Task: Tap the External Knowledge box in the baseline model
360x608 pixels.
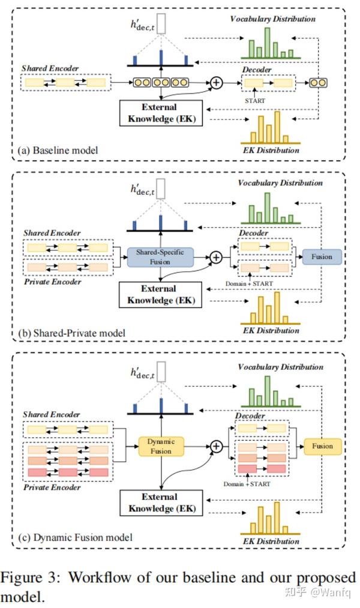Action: pyautogui.click(x=160, y=113)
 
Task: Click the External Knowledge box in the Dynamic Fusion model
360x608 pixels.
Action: pyautogui.click(x=160, y=502)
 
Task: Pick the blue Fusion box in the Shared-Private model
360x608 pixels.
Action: pyautogui.click(x=322, y=257)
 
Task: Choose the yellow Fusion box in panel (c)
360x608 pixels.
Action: pyautogui.click(x=322, y=446)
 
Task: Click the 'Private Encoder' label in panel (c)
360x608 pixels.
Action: pyautogui.click(x=52, y=487)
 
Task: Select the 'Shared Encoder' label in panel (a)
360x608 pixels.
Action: pyautogui.click(x=50, y=69)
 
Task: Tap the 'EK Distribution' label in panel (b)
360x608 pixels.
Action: pyautogui.click(x=271, y=330)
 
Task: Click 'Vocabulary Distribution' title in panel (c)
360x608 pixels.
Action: pyautogui.click(x=280, y=366)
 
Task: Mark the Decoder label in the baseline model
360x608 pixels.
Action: pyautogui.click(x=257, y=70)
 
